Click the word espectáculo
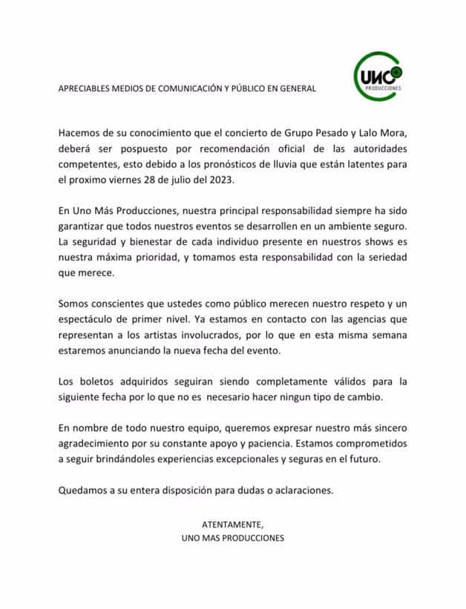coord(89,319)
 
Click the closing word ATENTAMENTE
coord(232,524)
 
